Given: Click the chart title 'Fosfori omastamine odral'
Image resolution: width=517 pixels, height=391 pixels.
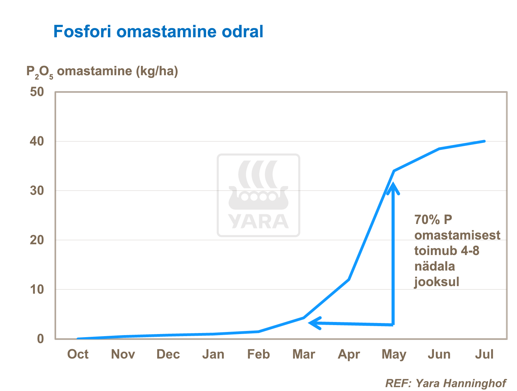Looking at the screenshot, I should pos(158,32).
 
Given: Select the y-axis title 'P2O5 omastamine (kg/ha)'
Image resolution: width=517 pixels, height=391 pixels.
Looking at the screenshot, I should pos(102,72).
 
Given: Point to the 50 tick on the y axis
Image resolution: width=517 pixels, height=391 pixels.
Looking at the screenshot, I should pos(37,92).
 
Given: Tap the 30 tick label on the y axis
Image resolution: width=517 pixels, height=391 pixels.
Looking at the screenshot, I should pos(37,190).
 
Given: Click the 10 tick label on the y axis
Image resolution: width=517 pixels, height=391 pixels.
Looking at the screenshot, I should pos(37,289).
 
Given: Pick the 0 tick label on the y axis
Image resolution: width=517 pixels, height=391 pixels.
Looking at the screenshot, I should pos(40,339).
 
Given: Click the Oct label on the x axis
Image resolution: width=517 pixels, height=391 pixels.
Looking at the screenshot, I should pos(78,354).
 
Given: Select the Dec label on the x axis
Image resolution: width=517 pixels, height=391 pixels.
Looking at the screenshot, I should pos(168,354).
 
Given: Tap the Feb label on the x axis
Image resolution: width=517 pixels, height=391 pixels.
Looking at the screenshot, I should pos(258,354).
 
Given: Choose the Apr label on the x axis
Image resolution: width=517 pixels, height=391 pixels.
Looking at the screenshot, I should pos(349,354).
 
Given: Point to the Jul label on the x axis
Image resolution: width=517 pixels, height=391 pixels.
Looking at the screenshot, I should pos(484,354).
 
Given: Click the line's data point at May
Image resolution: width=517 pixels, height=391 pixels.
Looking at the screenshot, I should pos(394,171).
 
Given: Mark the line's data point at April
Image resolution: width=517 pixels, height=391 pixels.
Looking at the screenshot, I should pos(349,280).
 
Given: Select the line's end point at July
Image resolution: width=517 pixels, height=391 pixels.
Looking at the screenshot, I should pos(484,141).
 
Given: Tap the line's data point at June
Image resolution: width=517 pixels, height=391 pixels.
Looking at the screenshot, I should pos(439,149).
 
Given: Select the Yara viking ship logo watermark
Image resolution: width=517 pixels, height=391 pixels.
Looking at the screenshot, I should pos(258,195).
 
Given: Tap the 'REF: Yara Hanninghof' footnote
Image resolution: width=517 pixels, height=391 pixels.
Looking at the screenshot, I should pos(445,383).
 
